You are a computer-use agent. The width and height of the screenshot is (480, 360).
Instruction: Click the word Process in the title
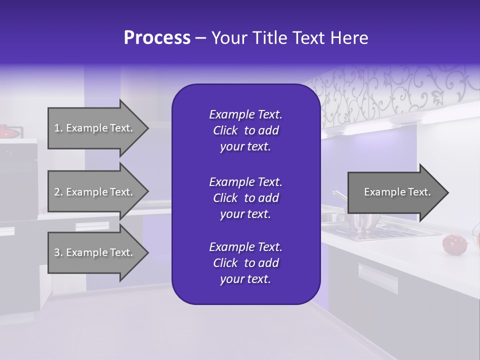157,38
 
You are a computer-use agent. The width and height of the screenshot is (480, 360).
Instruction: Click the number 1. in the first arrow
58,128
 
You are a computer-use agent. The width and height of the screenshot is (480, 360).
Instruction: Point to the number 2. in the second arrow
58,192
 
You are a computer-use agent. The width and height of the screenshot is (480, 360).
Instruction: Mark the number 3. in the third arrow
58,252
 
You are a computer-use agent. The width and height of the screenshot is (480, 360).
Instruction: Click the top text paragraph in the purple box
245,130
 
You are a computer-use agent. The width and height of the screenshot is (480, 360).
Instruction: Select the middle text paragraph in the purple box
245,197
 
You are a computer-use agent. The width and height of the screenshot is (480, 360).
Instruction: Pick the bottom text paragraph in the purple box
245,263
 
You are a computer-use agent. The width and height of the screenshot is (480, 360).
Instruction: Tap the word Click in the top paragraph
225,130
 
